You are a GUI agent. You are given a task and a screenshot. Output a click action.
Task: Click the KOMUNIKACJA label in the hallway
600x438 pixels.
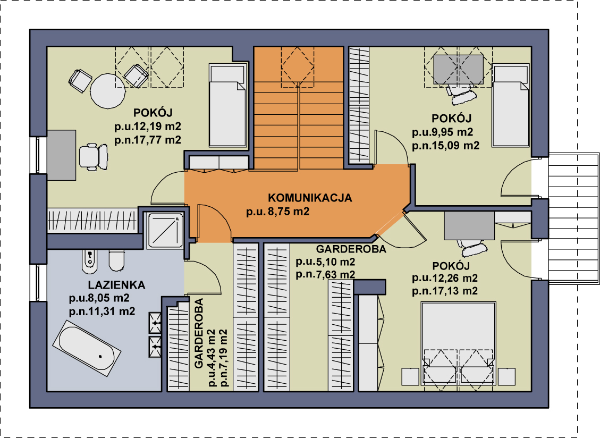click(x=310, y=198)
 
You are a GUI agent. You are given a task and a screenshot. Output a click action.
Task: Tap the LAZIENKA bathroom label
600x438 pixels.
click(x=117, y=285)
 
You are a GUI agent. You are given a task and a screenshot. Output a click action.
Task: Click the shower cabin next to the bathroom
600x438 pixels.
click(x=165, y=230)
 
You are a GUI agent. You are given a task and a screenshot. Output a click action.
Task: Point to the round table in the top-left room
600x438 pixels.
click(x=107, y=90)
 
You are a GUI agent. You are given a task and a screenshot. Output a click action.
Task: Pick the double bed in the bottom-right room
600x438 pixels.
click(x=459, y=343)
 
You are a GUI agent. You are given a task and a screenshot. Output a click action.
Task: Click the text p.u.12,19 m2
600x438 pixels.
click(x=148, y=127)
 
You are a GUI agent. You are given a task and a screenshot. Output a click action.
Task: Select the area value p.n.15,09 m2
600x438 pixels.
click(x=446, y=146)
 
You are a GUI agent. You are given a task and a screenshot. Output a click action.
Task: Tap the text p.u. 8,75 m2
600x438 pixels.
click(x=278, y=212)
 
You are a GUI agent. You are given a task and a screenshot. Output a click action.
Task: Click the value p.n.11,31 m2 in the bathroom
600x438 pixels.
click(x=102, y=311)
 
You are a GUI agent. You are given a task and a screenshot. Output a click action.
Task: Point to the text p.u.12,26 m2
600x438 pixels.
click(x=445, y=278)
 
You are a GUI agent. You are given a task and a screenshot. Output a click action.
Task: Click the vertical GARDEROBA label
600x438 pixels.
click(x=199, y=333)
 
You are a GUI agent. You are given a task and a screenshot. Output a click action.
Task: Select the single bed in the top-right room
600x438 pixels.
click(x=511, y=106)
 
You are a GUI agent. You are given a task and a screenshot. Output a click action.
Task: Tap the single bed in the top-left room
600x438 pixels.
click(x=227, y=105)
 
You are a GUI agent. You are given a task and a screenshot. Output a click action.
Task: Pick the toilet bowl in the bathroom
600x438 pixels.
click(x=117, y=260)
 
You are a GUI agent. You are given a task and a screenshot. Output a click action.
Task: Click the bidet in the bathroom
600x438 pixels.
click(x=89, y=262)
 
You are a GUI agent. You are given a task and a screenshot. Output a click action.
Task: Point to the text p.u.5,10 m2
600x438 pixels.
click(x=325, y=262)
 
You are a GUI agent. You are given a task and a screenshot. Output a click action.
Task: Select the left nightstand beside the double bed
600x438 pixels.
click(x=410, y=376)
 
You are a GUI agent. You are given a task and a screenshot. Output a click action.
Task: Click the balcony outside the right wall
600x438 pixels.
click(x=573, y=218)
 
